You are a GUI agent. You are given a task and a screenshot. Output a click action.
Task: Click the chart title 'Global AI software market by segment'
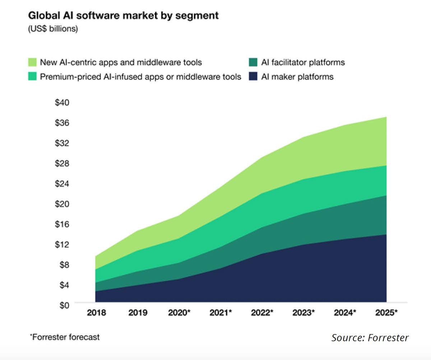123,16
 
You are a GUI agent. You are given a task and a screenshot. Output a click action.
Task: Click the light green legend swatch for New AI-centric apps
32,62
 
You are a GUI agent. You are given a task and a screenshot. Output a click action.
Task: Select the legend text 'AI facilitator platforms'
303,62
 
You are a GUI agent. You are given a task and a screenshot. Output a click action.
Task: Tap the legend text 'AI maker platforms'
297,77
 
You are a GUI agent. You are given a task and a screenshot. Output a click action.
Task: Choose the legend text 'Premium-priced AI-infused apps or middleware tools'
140,77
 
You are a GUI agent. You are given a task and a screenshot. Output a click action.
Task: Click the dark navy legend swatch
253,77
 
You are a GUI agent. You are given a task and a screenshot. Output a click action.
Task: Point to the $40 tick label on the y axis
62,103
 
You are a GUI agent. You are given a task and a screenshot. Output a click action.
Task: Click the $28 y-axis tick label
62,163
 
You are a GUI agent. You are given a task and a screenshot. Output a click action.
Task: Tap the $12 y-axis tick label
62,244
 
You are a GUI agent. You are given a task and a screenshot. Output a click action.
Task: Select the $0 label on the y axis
64,305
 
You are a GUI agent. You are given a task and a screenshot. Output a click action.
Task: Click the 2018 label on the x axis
96,313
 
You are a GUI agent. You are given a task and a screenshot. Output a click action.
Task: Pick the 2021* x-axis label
221,313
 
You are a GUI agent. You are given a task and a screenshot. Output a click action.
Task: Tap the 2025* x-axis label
386,313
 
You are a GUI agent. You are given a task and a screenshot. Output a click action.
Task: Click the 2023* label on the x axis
303,313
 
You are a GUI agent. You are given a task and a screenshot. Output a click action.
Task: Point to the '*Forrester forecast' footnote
65,337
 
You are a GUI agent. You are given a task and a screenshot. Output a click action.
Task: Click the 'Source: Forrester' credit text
370,338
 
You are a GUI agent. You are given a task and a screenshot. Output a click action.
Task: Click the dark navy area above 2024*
345,273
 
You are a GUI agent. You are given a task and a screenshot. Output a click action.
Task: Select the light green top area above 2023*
304,158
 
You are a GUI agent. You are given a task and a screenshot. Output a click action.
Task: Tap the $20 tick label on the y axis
62,204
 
